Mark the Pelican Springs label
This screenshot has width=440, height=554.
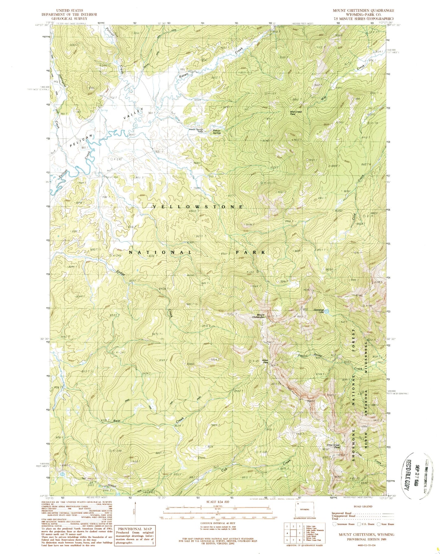click(x=217, y=132)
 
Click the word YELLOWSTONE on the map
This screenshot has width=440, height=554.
click(x=198, y=207)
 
